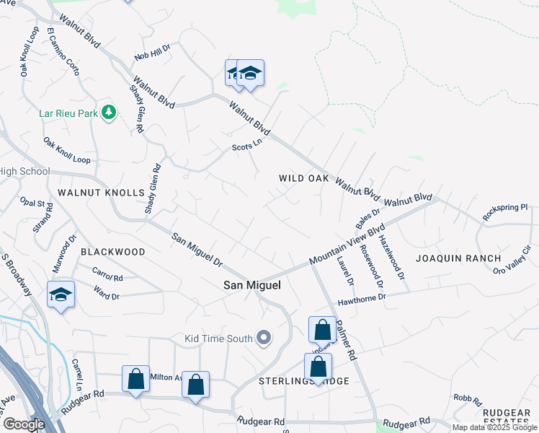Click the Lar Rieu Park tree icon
[109, 112]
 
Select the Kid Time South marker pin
[264, 338]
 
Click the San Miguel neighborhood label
[251, 285]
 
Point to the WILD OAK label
[304, 178]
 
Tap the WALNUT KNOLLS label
[101, 193]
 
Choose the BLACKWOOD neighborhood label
[112, 252]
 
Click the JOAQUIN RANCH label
[458, 258]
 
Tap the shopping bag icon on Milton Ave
[135, 379]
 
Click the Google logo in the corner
[24, 424]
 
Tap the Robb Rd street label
[463, 398]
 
